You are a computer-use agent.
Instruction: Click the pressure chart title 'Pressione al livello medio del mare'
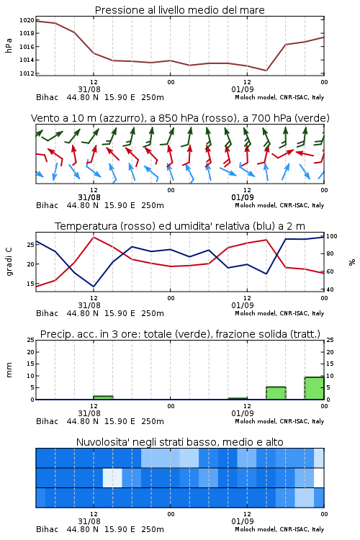point(179,10)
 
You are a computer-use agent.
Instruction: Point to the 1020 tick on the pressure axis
point(27,20)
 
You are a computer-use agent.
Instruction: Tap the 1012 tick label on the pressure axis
point(27,73)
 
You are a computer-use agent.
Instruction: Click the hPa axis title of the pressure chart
point(9,45)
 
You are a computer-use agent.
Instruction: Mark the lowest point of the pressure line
point(266,71)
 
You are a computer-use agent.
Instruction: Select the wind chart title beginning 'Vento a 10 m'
point(180,118)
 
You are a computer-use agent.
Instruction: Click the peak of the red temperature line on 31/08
point(94,237)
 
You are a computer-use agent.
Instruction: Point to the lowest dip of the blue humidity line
point(94,287)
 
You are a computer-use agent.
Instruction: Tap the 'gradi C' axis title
point(9,262)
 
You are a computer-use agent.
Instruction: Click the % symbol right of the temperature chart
point(352,262)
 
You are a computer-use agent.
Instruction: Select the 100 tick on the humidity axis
point(332,236)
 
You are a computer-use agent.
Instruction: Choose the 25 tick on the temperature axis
point(31,245)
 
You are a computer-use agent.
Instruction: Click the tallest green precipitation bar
point(314,388)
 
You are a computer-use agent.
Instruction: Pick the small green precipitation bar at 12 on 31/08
point(103,397)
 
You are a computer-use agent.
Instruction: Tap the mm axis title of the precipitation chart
point(9,370)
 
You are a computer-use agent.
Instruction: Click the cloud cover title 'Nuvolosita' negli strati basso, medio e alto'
point(179,442)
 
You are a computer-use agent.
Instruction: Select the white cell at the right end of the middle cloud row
point(319,477)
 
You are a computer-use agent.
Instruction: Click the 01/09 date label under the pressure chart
point(243,89)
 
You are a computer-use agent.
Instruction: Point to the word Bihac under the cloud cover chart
point(48,529)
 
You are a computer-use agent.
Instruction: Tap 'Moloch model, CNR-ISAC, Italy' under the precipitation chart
point(279,421)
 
